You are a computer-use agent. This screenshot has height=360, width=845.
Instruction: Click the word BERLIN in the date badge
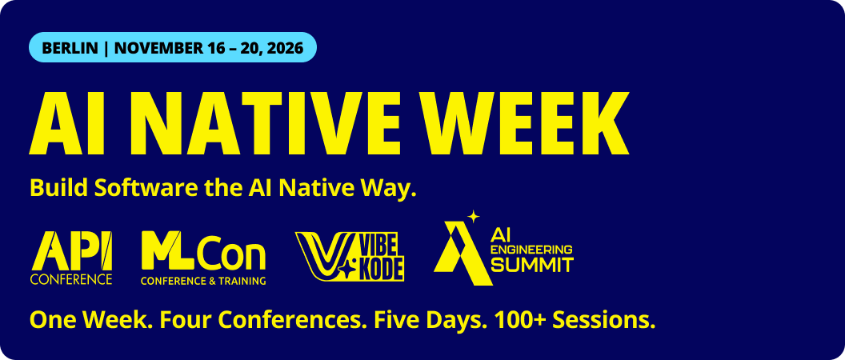coord(70,48)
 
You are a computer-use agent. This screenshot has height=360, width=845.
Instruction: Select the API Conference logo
coord(71,258)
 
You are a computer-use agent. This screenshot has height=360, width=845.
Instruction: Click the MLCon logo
coord(204,258)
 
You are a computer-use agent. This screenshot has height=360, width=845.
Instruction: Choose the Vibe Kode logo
coord(350,257)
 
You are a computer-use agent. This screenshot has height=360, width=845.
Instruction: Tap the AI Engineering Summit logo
coord(503,248)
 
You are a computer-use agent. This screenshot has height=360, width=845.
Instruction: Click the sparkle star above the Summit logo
coord(473,217)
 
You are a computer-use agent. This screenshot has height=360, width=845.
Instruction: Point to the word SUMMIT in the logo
coord(532,265)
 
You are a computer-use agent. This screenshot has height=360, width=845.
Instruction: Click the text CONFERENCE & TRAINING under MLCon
coord(204,280)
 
